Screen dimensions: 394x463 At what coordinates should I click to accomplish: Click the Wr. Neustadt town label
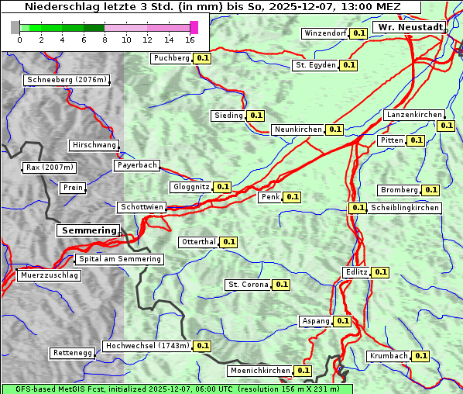pos(409,27)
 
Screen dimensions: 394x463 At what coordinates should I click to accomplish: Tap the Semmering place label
pos(89,230)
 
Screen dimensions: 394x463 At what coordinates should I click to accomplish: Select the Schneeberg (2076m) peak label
pos(66,80)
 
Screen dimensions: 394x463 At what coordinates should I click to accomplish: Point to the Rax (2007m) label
pos(49,167)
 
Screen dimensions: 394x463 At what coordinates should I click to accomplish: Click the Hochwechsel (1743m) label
pos(147,346)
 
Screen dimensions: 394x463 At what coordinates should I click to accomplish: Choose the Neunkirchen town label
pos(298,130)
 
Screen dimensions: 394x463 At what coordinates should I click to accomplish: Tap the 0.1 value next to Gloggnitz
pos(222,187)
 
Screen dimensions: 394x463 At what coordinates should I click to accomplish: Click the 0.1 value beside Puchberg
pos(202,58)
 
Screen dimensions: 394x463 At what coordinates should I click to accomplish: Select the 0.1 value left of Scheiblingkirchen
pos(357,208)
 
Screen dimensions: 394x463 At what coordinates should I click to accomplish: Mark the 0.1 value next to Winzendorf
pos(358,33)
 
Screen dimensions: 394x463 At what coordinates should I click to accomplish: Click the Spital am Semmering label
pos(119,259)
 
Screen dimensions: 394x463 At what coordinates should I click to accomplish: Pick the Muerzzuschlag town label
pos(49,275)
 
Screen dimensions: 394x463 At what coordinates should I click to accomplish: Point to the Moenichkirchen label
pos(261,371)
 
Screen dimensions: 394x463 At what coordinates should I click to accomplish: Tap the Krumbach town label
pos(389,356)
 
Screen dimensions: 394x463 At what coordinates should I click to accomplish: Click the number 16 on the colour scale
pos(190,40)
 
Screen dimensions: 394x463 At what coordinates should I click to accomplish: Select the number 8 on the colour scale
pos(105,40)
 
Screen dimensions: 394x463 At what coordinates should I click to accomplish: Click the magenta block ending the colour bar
pos(194,27)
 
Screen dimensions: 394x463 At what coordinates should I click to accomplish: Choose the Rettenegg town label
pos(72,353)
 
